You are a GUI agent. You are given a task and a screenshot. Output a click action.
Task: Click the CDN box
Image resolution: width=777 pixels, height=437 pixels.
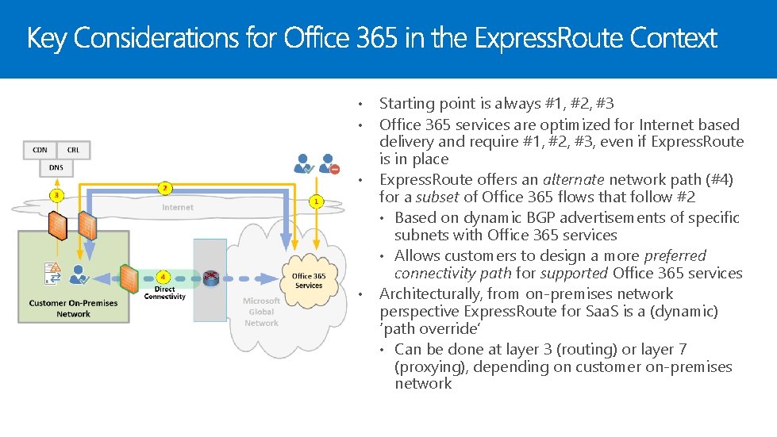coord(40,149)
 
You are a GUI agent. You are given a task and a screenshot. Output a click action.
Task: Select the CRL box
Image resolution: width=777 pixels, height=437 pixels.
coord(73,149)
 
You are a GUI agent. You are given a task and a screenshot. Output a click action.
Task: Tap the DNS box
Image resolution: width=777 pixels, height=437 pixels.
coord(56,167)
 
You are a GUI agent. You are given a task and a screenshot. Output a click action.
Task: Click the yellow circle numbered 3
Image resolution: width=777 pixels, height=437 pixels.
coord(56,194)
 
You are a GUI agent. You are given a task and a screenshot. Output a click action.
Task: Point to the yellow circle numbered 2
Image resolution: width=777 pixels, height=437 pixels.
coord(164,188)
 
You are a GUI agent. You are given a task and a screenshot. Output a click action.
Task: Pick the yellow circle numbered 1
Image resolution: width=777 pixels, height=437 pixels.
coord(316,201)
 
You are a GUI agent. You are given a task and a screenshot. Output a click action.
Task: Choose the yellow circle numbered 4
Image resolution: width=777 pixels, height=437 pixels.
coord(163,277)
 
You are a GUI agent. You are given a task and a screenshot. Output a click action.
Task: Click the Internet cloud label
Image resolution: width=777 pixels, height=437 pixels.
coord(178,208)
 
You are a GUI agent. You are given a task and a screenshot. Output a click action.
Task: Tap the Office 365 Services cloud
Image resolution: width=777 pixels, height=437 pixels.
coord(308,280)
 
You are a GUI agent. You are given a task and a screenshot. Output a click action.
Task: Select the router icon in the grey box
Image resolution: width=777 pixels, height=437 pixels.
coord(210,278)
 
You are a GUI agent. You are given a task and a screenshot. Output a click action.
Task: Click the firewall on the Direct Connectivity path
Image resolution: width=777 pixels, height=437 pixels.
coord(129,278)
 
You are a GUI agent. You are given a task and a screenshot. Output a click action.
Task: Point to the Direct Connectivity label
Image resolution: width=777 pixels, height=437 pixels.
coord(164,293)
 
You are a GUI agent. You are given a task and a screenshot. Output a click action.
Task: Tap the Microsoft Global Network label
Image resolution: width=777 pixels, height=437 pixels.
coord(261,312)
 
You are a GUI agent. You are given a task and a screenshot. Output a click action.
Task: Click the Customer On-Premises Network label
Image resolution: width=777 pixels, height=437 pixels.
coord(73,309)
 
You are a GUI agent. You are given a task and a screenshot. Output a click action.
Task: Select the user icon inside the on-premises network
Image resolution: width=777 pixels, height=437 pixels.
coord(78,274)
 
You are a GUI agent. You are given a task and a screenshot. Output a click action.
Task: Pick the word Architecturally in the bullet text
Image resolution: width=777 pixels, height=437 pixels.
coord(428,294)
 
